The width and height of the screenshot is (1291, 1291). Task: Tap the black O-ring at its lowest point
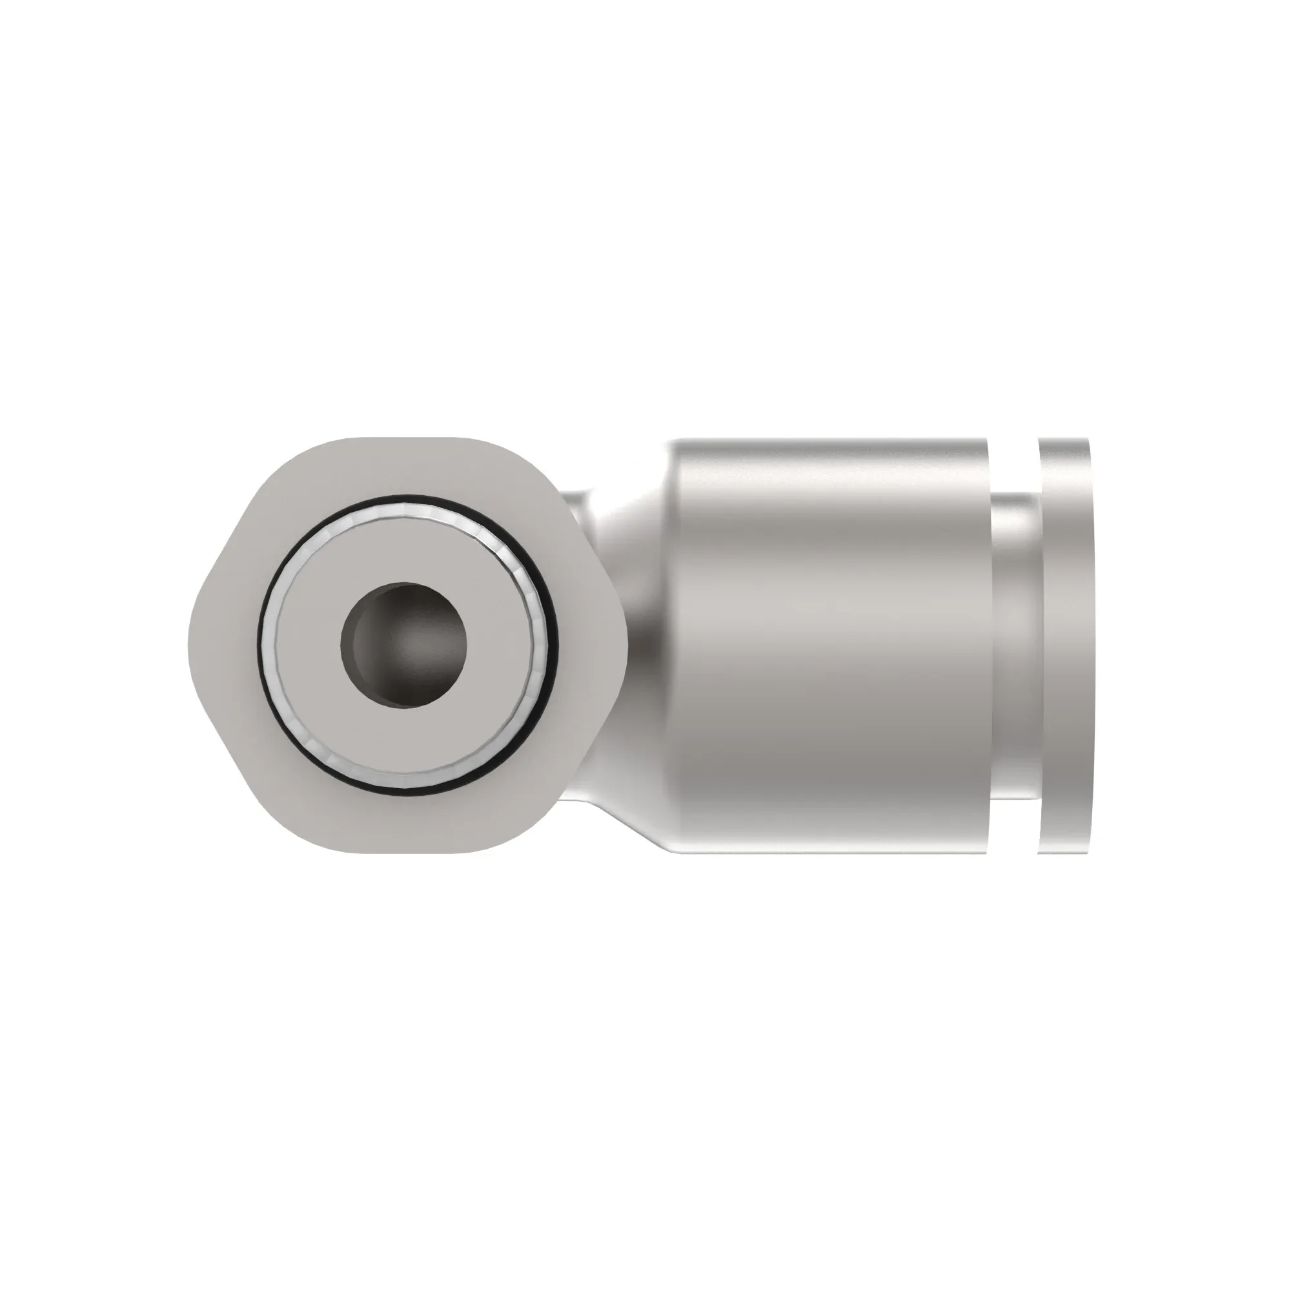407,793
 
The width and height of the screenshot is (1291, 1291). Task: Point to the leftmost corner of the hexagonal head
190,645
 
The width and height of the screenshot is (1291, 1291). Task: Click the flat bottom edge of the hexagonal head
407,850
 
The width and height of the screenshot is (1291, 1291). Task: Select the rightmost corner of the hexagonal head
626,645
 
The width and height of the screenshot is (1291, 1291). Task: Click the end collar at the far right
1065,645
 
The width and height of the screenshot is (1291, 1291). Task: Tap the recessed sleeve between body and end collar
1013,645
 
